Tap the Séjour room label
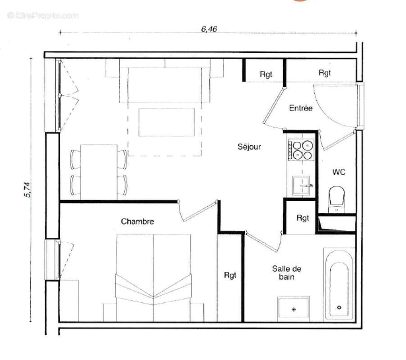tap(249, 147)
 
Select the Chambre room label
tap(137, 221)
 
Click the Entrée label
tap(301, 108)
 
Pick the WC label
tap(338, 172)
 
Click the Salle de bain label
tap(286, 273)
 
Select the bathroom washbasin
tap(293, 309)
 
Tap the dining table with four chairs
tap(99, 171)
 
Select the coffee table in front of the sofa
tap(165, 122)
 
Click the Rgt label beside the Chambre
tap(230, 275)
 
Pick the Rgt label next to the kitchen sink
tap(303, 218)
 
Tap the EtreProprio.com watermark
tap(43, 16)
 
